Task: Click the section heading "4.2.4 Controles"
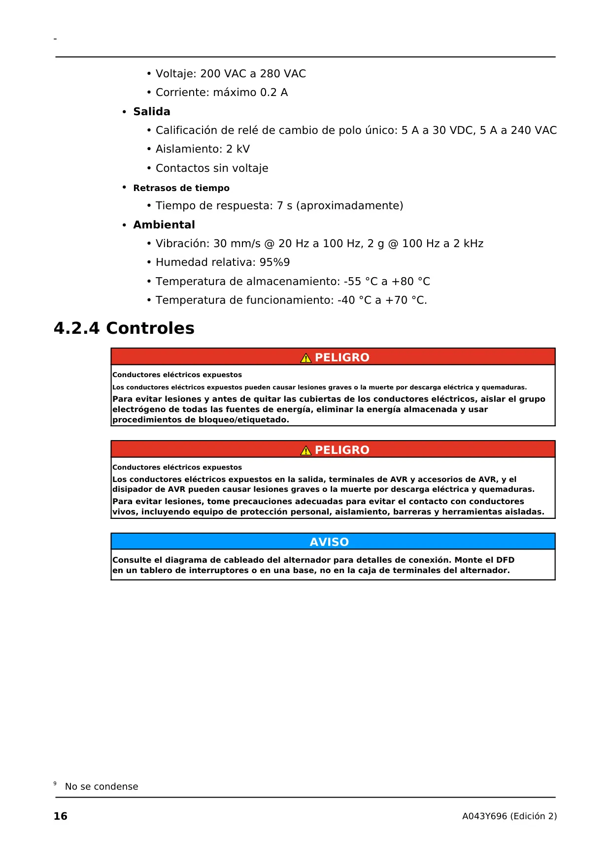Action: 124,328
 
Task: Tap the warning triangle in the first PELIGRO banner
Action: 306,358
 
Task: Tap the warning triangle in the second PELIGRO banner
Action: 306,450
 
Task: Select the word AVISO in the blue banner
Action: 329,542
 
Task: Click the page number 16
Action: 60,816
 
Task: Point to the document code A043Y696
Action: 484,816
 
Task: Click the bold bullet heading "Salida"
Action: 151,112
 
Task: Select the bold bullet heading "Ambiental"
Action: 164,225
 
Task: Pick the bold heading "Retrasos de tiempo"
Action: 181,188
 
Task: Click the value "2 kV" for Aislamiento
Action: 238,149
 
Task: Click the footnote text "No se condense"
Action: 102,787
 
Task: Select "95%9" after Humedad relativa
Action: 274,262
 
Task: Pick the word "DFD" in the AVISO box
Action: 505,560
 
